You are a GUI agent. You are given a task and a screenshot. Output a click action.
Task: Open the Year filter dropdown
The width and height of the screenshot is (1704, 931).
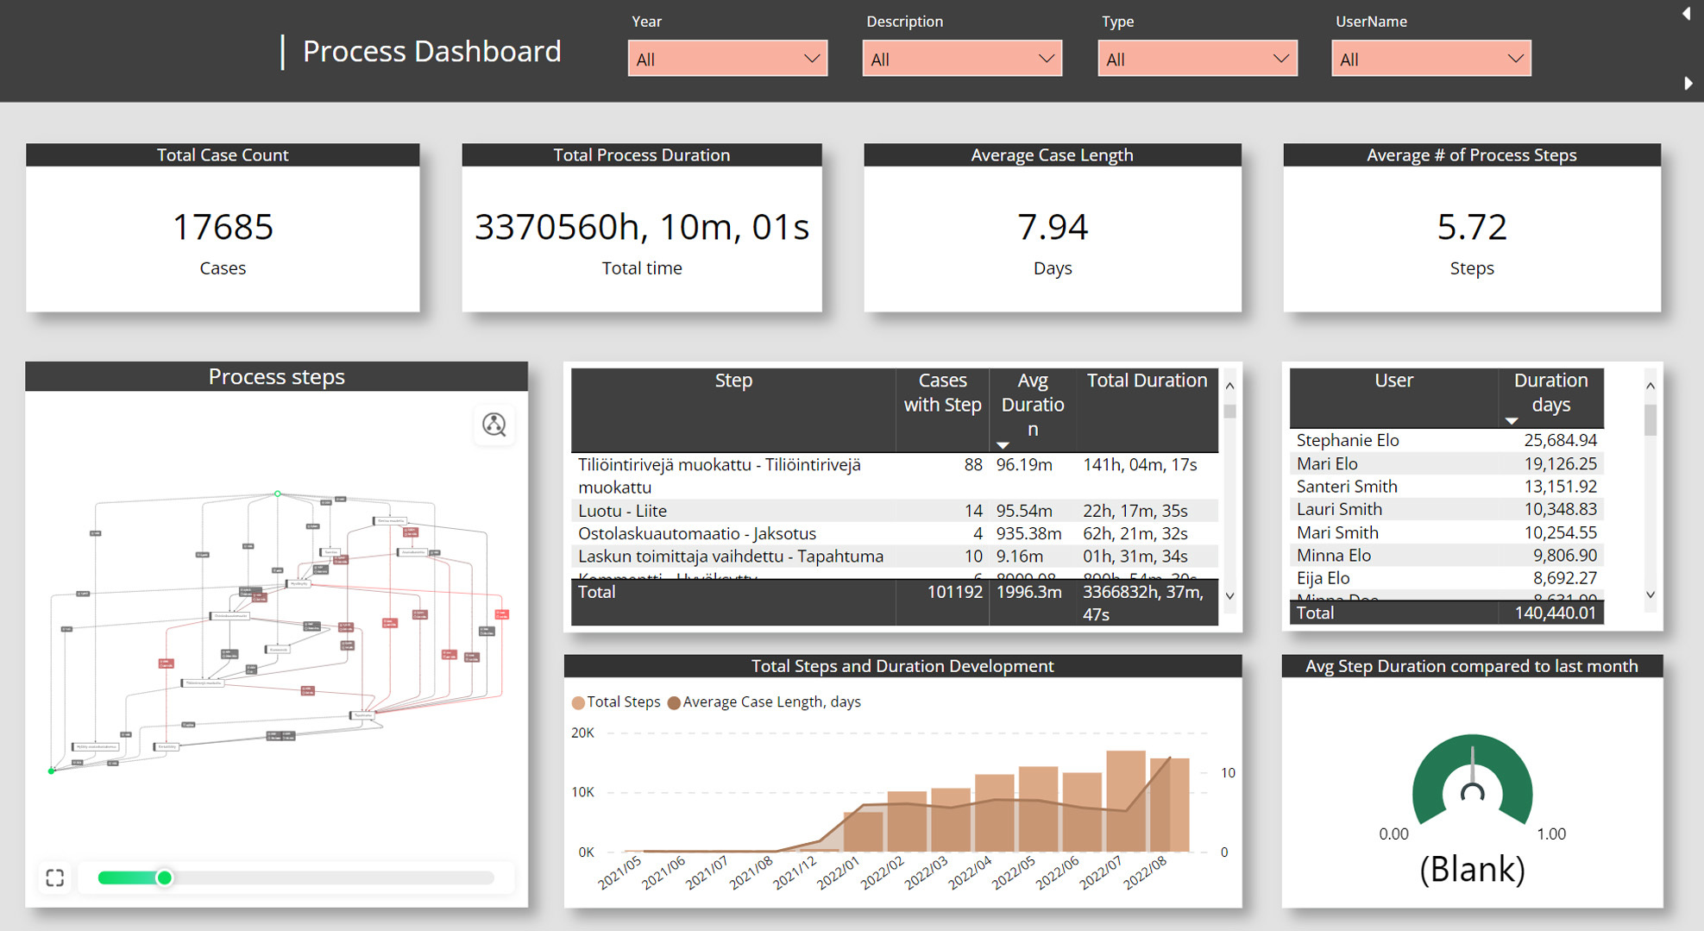pos(726,59)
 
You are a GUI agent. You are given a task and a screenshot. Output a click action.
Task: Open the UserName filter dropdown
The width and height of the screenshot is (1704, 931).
pos(1430,59)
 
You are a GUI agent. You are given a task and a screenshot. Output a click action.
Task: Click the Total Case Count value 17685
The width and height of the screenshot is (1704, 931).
pos(223,227)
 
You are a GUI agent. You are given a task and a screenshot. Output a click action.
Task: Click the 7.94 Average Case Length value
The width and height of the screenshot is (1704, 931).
pos(1052,227)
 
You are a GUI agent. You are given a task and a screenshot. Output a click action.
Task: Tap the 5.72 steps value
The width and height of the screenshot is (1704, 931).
pos(1471,227)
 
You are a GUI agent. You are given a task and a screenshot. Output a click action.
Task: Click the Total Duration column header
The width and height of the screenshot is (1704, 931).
pos(1146,381)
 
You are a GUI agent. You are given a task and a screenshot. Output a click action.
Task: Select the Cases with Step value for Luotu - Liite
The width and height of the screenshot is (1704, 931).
pos(972,511)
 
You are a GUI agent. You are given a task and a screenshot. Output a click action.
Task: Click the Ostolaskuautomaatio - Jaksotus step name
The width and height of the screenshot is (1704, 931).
pos(696,533)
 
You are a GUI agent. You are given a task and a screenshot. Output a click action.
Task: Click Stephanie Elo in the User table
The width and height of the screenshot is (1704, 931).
pos(1347,440)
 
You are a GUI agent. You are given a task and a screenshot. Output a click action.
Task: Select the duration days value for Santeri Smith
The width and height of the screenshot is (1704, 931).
pos(1560,487)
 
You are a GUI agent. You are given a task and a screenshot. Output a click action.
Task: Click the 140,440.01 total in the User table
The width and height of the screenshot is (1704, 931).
pos(1555,613)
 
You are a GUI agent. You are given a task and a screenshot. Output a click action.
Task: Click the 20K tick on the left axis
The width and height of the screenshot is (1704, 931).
pos(582,733)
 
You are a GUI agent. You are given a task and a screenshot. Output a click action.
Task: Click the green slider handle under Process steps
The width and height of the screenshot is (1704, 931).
pos(164,878)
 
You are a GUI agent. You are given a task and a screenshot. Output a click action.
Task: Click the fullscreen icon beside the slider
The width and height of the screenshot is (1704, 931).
pos(55,878)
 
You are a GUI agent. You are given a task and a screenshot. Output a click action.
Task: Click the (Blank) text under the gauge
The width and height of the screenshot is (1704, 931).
pos(1471,869)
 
